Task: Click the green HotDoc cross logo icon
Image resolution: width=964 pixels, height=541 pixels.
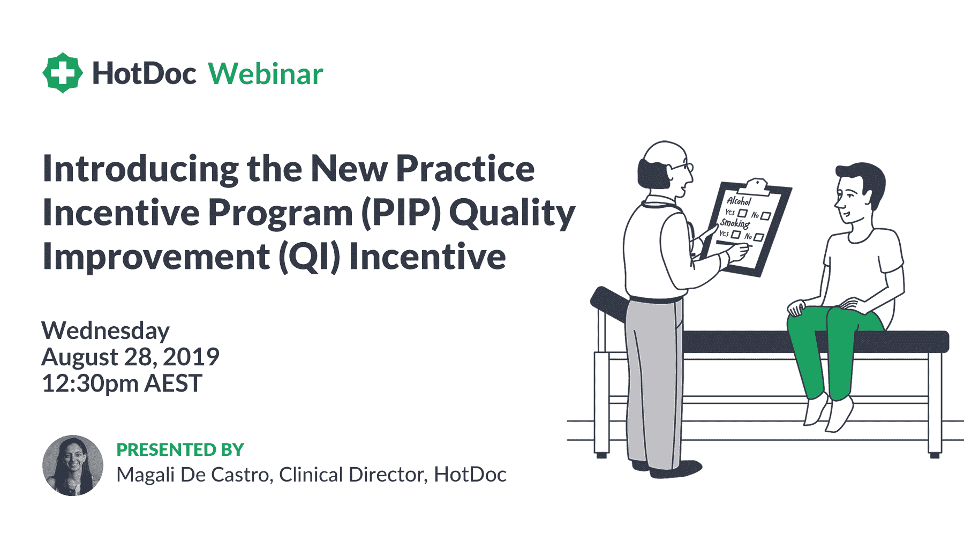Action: pyautogui.click(x=63, y=73)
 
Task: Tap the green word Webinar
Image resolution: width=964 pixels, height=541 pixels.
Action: pyautogui.click(x=266, y=74)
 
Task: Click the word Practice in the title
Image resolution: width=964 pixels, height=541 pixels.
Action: pyautogui.click(x=465, y=169)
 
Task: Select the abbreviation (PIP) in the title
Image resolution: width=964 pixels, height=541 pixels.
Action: pyautogui.click(x=402, y=213)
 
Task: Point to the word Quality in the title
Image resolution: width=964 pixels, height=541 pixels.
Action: pyautogui.click(x=512, y=213)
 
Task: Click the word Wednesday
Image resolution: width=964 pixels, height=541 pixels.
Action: pyautogui.click(x=106, y=330)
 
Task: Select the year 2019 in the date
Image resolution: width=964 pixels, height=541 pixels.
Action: pyautogui.click(x=191, y=357)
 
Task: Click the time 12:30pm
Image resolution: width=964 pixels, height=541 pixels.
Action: pyautogui.click(x=90, y=384)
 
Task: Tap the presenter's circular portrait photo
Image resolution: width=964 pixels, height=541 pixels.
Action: pyautogui.click(x=73, y=465)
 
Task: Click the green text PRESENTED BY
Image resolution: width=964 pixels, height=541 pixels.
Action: pyautogui.click(x=180, y=449)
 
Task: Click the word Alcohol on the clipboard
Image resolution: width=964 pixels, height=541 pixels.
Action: pyautogui.click(x=739, y=201)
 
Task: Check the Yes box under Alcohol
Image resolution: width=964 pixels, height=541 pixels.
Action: pyautogui.click(x=742, y=213)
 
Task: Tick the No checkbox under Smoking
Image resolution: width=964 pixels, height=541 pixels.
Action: pyautogui.click(x=758, y=237)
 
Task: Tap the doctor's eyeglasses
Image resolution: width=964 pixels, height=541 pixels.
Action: pyautogui.click(x=683, y=167)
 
